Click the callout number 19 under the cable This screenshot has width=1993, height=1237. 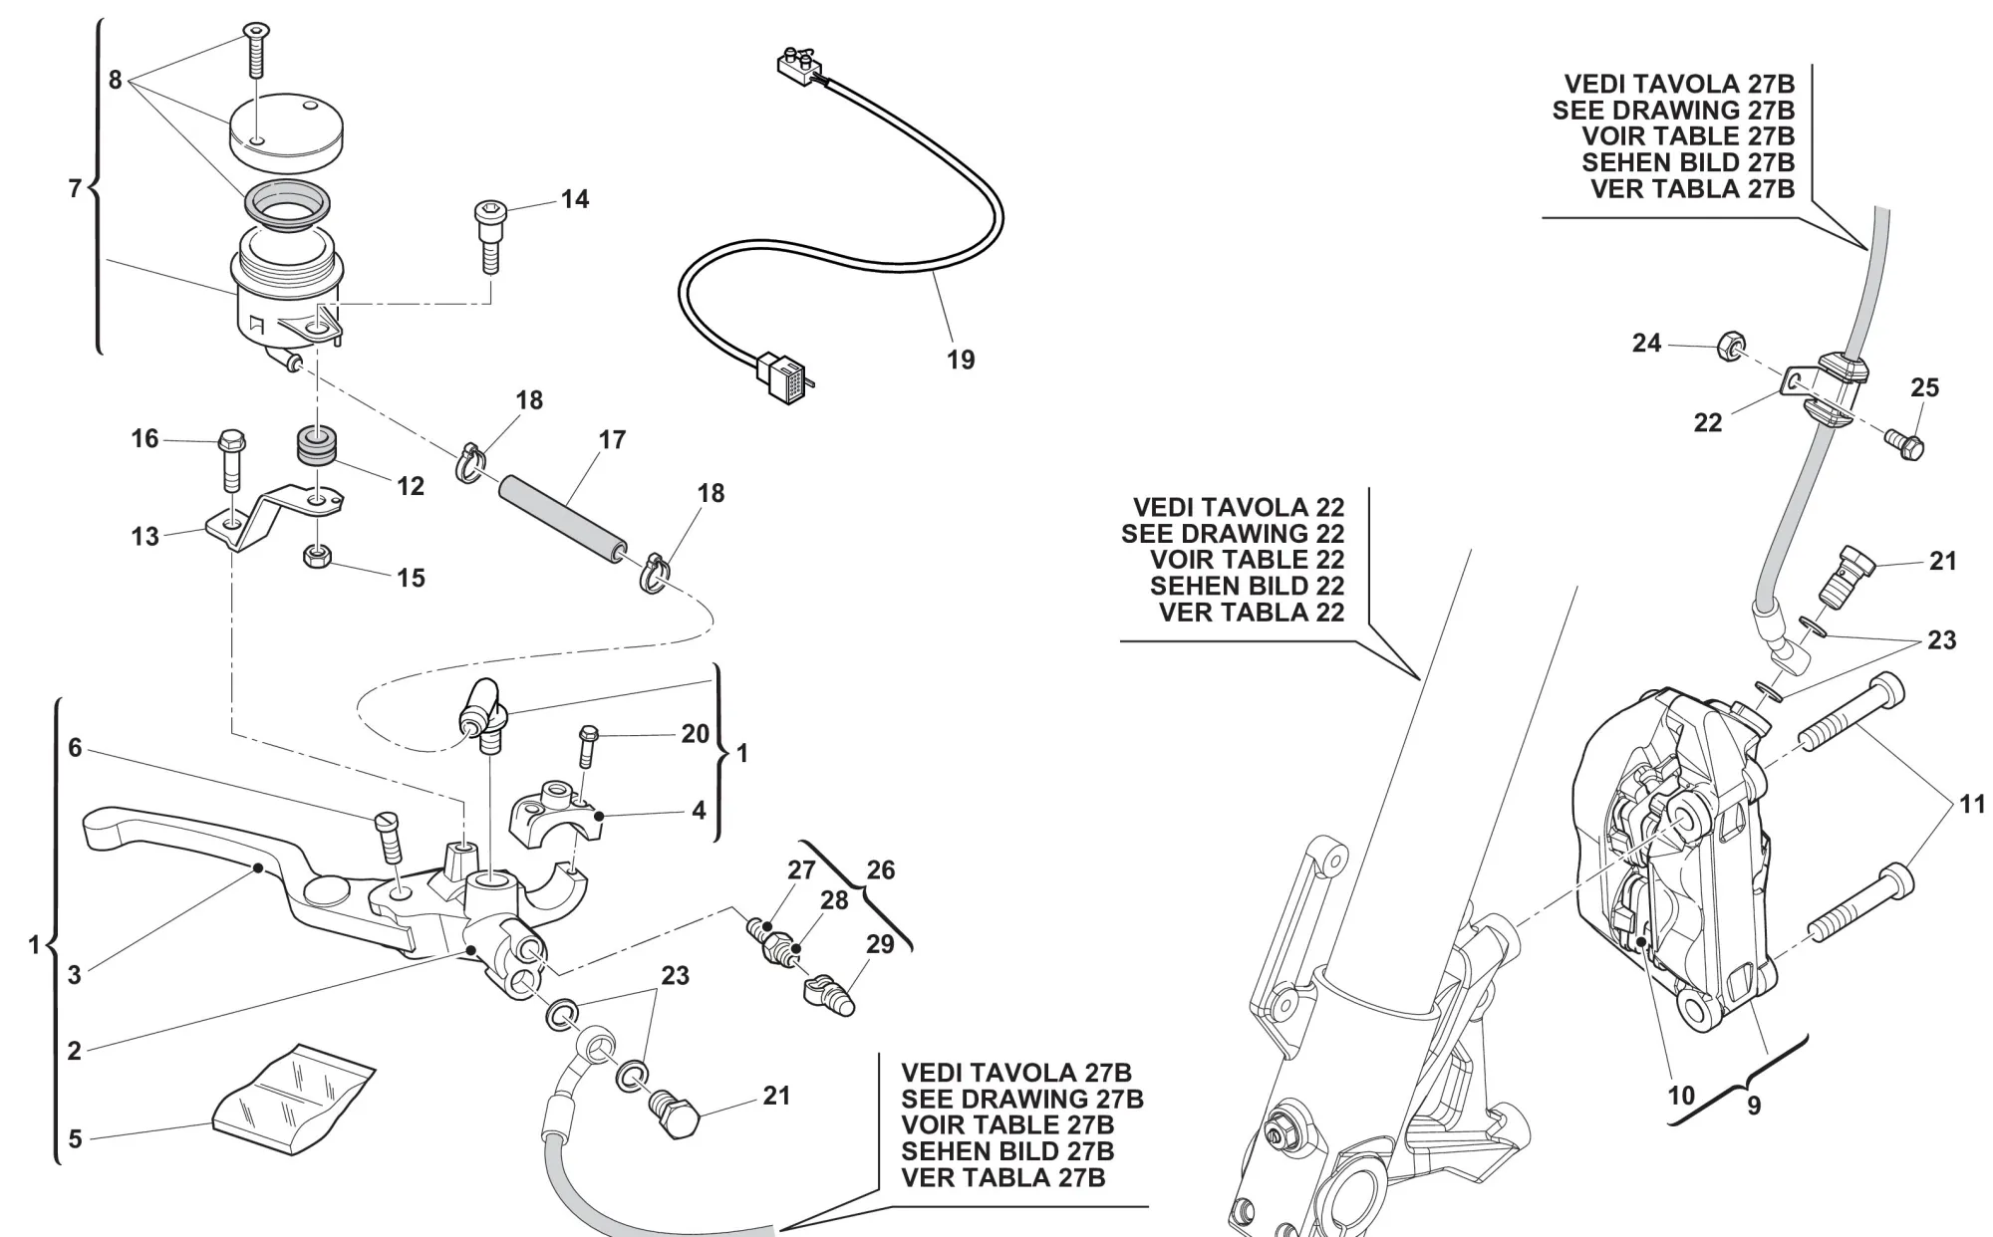pyautogui.click(x=961, y=360)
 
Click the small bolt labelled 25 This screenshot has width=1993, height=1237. pyautogui.click(x=1904, y=445)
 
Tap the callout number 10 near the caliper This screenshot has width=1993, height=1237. pyautogui.click(x=1681, y=1095)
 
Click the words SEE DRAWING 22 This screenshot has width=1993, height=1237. pyautogui.click(x=1232, y=534)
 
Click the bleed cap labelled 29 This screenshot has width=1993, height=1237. pyautogui.click(x=826, y=995)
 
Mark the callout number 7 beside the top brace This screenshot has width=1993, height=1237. pyautogui.click(x=75, y=187)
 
